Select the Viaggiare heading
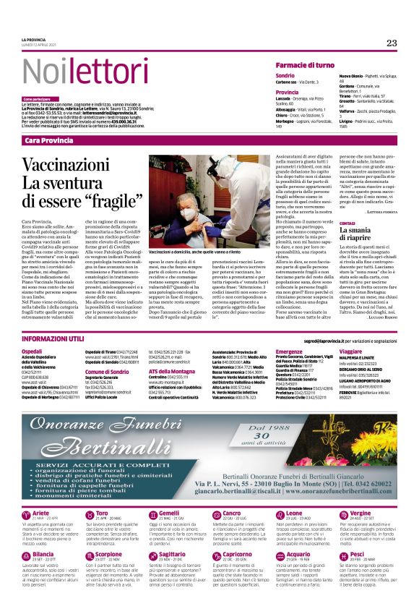tap(350, 351)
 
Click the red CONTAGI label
tap(327, 243)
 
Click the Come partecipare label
tap(37, 98)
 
